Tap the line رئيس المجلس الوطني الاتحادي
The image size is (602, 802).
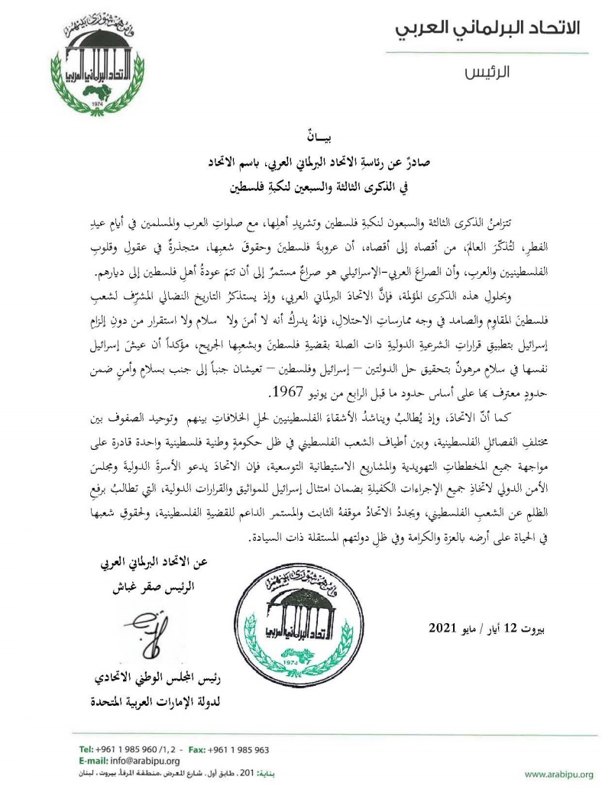(x=156, y=678)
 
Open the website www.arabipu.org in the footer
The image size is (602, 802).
(x=558, y=775)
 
